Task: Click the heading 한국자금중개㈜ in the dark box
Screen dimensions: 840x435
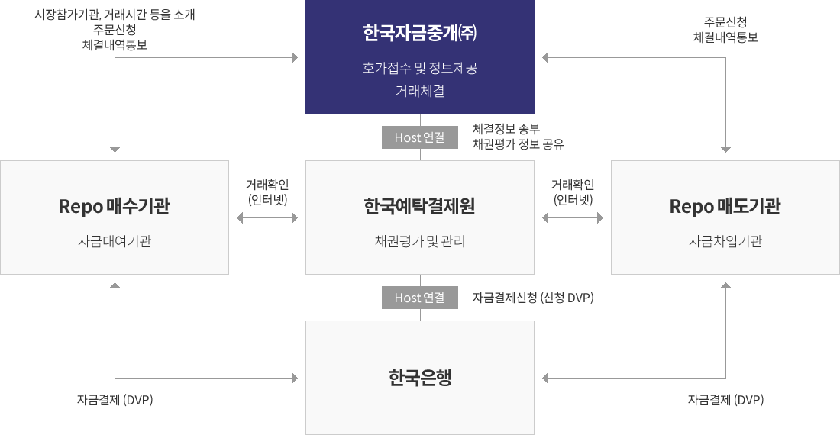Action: (419, 33)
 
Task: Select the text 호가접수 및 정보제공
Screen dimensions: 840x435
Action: (419, 68)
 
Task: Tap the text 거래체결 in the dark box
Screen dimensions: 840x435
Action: (419, 91)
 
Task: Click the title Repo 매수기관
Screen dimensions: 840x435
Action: (114, 206)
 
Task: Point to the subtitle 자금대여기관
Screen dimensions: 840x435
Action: (114, 241)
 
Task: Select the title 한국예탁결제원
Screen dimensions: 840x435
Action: (419, 206)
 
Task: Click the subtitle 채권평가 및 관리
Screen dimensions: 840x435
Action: (419, 241)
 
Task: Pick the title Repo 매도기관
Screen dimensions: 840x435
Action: (725, 206)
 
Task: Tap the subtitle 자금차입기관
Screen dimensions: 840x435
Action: (725, 241)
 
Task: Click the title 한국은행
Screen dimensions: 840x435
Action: (420, 377)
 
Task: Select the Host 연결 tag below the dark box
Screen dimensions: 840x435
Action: (420, 137)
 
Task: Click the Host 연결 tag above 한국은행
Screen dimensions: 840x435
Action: (420, 298)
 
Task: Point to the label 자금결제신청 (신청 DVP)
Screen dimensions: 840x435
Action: (533, 298)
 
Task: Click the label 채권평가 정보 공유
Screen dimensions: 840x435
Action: (518, 144)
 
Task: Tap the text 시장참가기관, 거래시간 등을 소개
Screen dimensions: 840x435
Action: (115, 14)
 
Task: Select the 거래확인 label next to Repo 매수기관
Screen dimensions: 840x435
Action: (267, 185)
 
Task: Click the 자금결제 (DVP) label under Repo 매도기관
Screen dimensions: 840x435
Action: (725, 400)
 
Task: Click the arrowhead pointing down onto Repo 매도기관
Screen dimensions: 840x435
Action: (725, 149)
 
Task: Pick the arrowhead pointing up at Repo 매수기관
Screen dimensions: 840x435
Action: (115, 285)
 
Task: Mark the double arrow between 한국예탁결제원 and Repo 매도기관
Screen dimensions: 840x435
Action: (573, 217)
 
